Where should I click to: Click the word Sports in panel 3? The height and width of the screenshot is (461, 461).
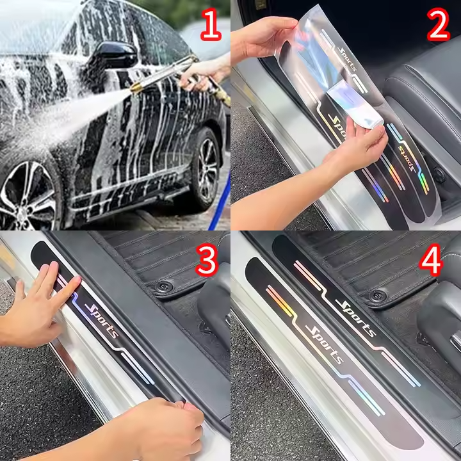[x=102, y=320]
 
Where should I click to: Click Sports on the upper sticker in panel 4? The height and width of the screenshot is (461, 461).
[x=355, y=318]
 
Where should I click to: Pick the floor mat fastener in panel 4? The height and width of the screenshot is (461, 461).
[x=378, y=295]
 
